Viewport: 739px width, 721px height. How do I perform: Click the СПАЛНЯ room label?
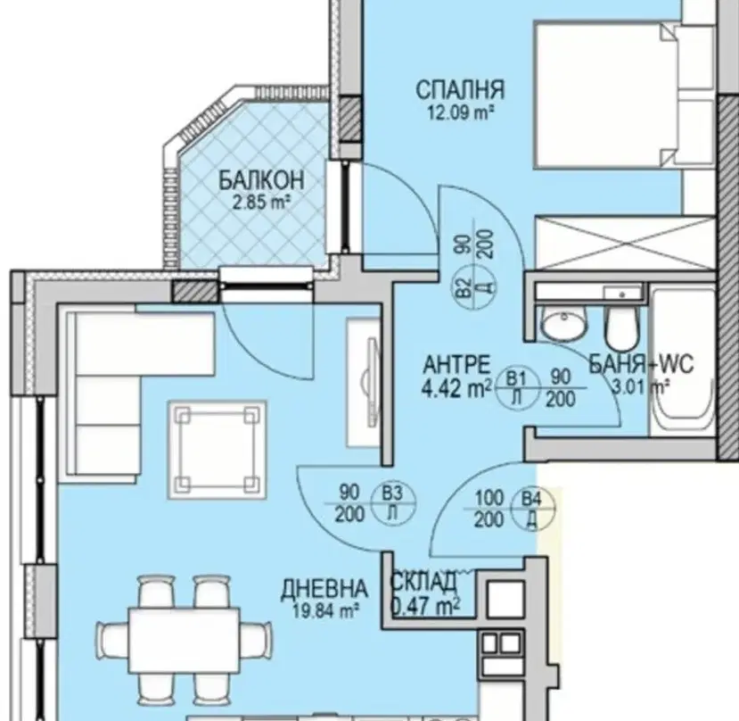point(459,89)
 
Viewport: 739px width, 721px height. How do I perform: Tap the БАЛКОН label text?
point(261,180)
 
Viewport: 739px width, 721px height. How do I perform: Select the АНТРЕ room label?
point(456,365)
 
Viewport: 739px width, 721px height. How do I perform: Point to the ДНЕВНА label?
point(324,590)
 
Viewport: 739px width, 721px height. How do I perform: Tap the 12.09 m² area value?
point(460,112)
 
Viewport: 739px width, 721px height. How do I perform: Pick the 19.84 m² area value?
point(325,611)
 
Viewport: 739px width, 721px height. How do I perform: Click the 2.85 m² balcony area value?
point(260,202)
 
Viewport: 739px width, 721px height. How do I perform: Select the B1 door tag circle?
point(518,387)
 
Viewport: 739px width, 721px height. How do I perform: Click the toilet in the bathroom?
point(622,327)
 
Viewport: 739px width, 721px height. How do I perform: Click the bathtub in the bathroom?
point(682,359)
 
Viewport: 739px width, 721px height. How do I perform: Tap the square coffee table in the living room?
point(218,450)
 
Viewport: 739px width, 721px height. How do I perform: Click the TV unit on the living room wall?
point(364,382)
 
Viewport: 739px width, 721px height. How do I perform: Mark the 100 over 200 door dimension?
point(489,509)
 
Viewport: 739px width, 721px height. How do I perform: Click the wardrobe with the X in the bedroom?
point(625,243)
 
